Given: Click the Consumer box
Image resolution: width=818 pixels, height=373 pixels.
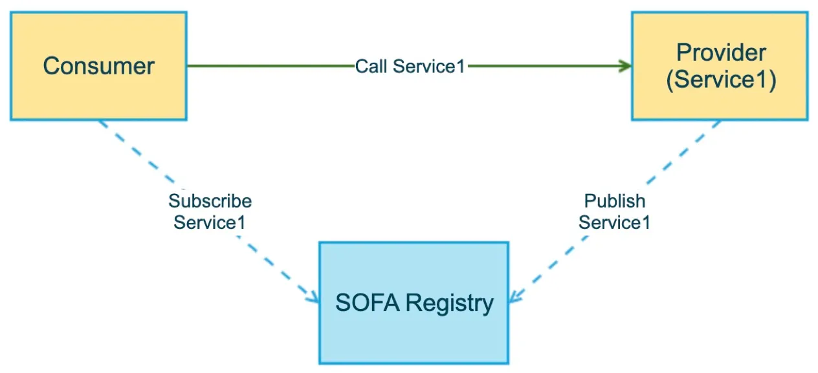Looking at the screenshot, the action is point(98,66).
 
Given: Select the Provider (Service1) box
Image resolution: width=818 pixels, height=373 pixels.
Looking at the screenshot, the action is point(720,66).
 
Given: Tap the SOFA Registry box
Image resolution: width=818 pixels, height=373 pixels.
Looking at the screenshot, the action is point(414,303).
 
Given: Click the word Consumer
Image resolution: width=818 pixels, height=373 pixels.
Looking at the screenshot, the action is point(98,66).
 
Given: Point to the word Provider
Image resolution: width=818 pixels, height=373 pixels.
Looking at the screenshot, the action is point(721,52).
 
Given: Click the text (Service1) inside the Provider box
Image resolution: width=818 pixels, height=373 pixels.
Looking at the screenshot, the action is point(721,80).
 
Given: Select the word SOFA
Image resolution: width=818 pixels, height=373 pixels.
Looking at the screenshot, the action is point(368,303).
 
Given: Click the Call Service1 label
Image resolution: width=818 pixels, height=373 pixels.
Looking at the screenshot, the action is point(410,67).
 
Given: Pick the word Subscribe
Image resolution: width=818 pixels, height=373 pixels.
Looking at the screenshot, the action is point(210,201).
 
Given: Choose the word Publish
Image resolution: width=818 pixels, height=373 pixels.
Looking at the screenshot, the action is point(615,201).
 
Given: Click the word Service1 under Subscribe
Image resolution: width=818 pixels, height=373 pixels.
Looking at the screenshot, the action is point(210,222).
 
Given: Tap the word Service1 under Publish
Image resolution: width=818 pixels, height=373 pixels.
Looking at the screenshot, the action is point(615,222).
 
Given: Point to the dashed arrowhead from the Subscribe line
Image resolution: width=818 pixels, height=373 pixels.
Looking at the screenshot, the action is point(313,297).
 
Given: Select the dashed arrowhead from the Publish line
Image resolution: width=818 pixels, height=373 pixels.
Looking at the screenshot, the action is point(516,297).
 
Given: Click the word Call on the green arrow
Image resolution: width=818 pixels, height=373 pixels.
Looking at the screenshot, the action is point(371,67).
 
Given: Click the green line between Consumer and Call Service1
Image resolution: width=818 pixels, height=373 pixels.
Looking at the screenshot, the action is point(271,66).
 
